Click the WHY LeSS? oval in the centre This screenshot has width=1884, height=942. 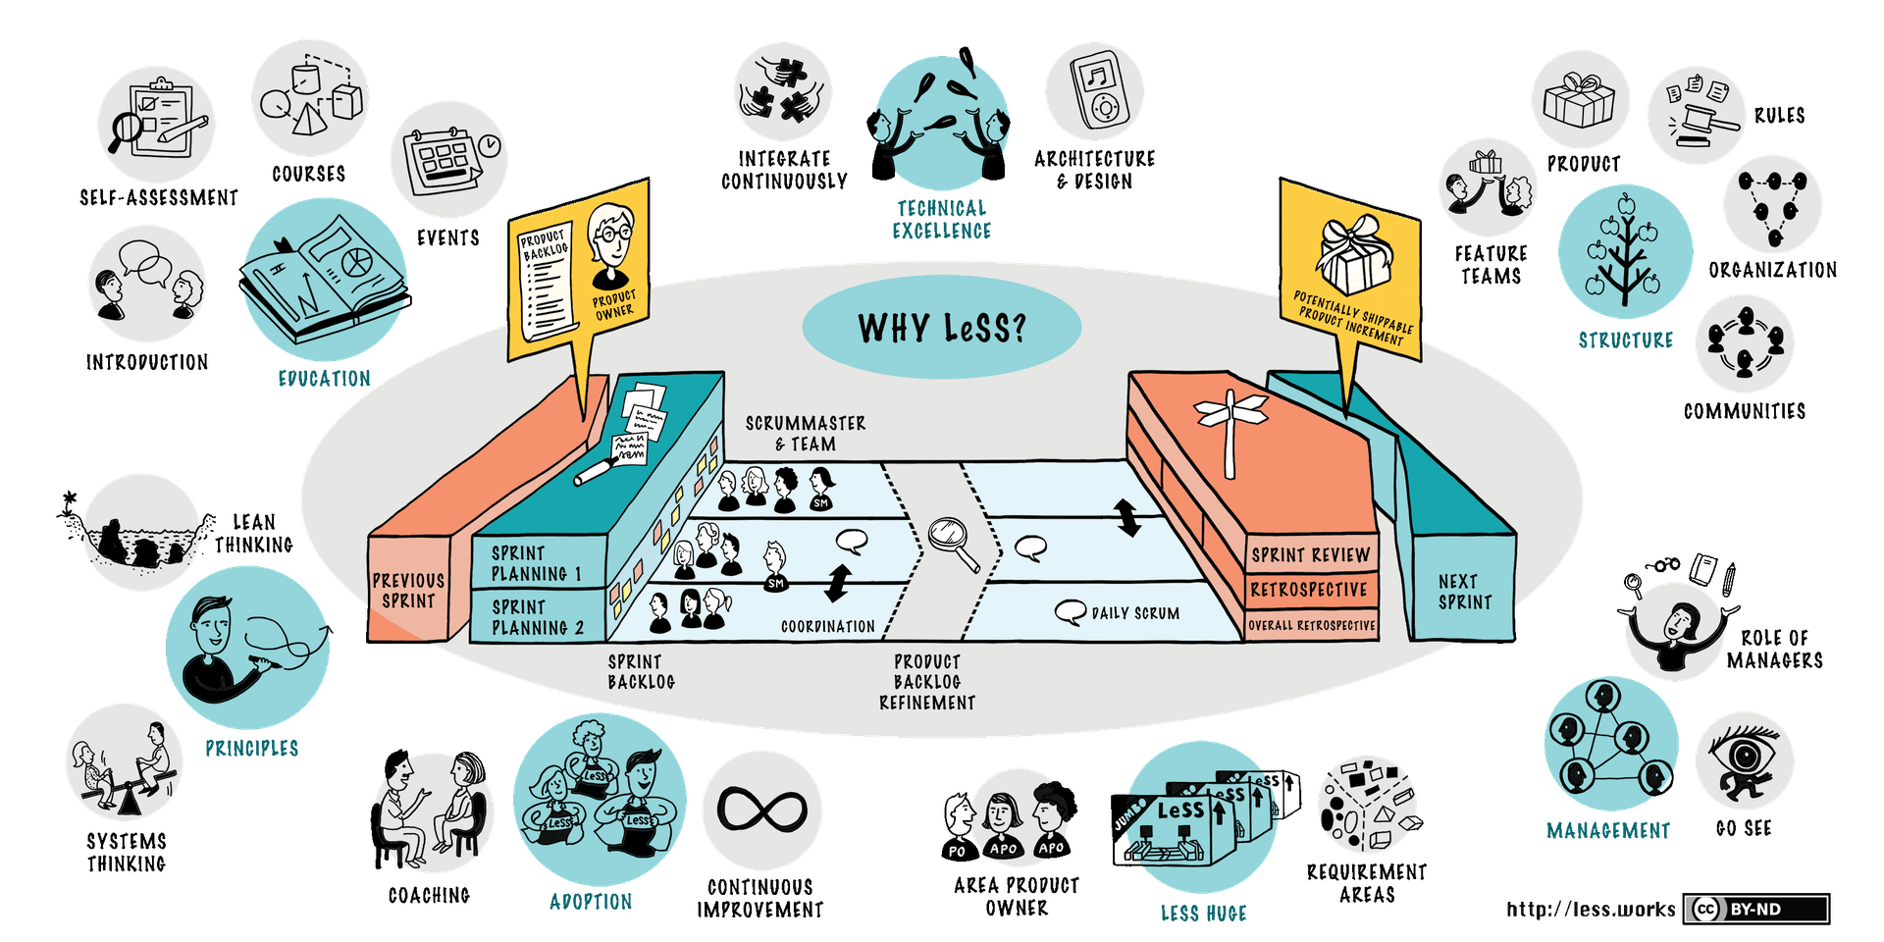pos(941,328)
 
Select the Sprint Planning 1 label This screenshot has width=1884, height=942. pos(536,563)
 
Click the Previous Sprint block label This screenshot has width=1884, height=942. pos(408,591)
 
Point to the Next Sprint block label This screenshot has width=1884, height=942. pos(1464,592)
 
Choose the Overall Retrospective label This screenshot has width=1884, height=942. pos(1311,625)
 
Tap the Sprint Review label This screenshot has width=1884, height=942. pos(1310,555)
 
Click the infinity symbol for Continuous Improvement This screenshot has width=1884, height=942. pos(761,811)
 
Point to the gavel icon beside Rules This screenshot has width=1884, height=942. pos(1701,118)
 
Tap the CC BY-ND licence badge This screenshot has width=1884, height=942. pos(1756,910)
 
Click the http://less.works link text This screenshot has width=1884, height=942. pos(1591,910)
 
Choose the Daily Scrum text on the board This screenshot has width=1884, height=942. pos(1134,613)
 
